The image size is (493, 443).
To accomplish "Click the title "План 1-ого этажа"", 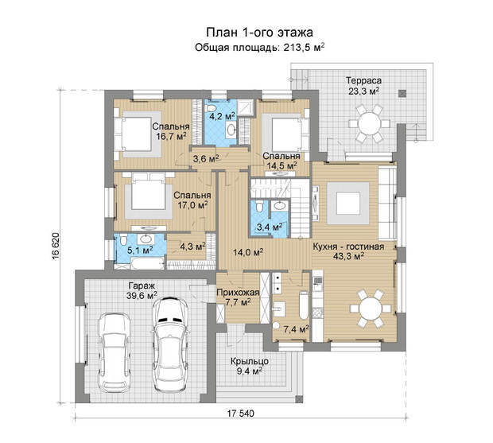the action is [259, 33].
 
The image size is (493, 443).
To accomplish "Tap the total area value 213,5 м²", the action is [304, 48].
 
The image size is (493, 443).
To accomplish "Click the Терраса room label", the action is [363, 80].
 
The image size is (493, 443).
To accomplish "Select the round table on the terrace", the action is [370, 123].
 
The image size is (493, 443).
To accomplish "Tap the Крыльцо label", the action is [250, 362].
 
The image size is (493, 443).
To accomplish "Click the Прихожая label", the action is [238, 293].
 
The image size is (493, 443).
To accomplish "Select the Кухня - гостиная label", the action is [348, 247].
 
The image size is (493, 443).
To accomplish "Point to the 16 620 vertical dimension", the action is [56, 247].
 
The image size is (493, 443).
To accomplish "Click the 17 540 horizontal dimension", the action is [240, 414].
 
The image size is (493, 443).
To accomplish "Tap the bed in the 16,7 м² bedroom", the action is [137, 134].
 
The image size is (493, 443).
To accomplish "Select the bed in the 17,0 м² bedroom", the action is [149, 196].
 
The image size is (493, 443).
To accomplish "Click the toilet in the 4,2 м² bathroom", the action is [210, 108].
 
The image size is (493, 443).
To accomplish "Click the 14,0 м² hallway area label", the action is [248, 252].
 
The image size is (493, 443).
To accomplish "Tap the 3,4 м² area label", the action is [270, 227].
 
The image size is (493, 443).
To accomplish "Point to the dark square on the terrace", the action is [402, 93].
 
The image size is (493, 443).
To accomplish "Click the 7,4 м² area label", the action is [296, 329].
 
